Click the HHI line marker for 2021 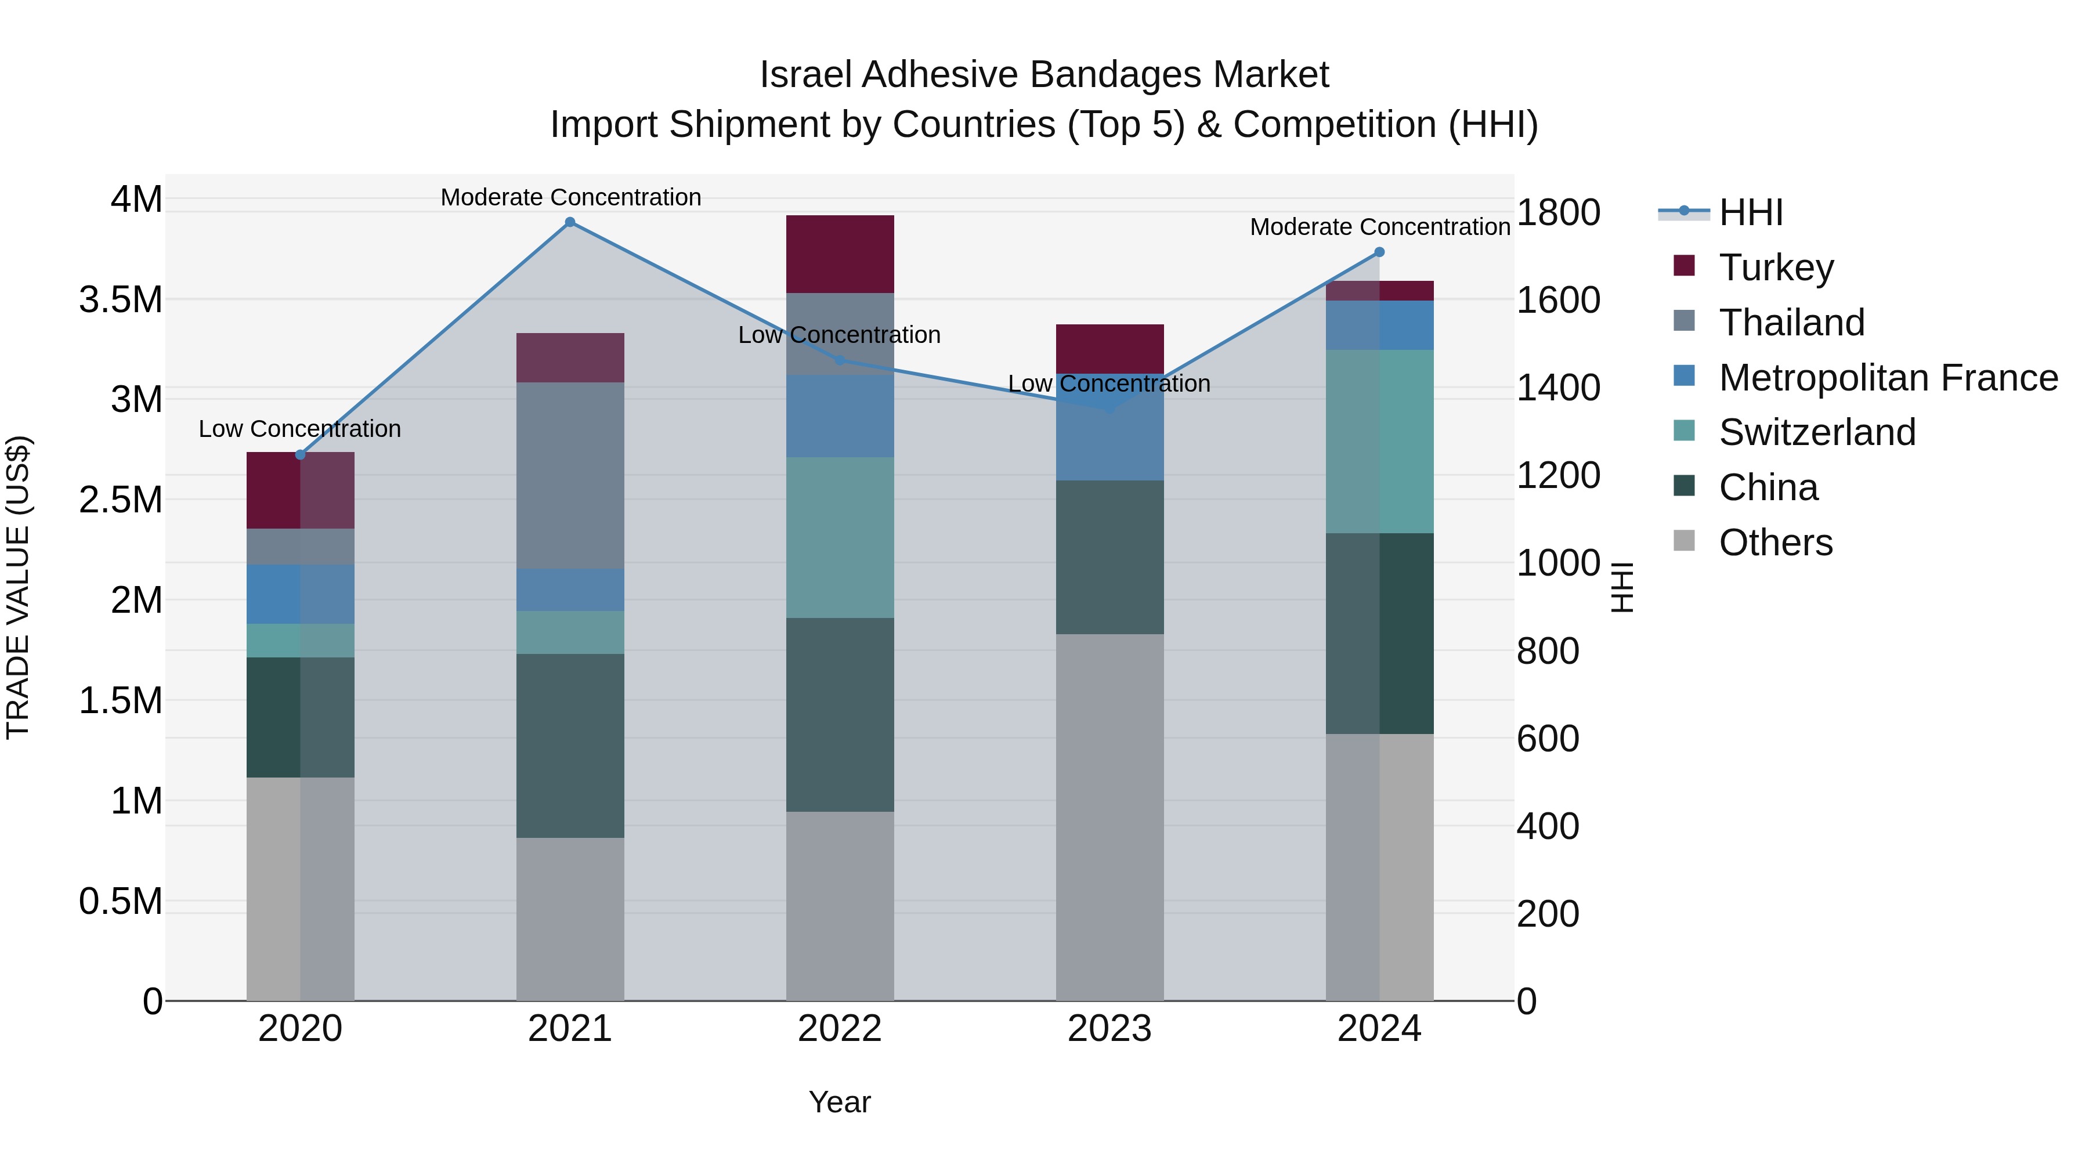point(570,222)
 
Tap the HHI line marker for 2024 point(1379,252)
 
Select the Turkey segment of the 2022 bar point(840,254)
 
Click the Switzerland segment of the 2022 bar point(840,538)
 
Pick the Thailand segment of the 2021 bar point(570,475)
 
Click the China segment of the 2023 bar point(1109,557)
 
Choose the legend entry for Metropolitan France point(1888,378)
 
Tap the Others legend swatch point(1685,541)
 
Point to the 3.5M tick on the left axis point(121,300)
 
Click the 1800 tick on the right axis point(1558,212)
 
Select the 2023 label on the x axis point(1109,1029)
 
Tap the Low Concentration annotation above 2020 point(299,428)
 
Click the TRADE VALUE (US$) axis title point(18,587)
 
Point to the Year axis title point(839,1102)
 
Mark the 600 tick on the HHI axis point(1547,739)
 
